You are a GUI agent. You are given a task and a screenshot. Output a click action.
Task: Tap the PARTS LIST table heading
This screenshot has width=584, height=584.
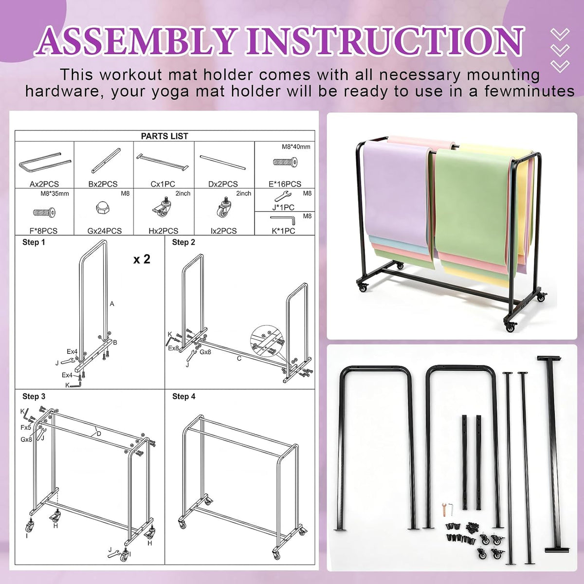[164, 136]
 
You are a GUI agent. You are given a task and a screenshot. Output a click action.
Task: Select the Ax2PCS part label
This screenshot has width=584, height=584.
[44, 183]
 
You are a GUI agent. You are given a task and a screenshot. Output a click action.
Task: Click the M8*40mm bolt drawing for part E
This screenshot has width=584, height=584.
[286, 162]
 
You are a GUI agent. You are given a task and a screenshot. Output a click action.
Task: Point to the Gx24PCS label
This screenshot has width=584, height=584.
[105, 231]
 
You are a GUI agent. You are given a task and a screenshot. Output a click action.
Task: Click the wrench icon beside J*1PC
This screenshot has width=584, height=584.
[283, 196]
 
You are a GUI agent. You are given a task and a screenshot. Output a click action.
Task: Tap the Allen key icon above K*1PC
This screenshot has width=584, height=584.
[282, 219]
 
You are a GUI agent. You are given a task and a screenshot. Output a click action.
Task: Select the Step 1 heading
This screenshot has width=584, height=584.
[34, 242]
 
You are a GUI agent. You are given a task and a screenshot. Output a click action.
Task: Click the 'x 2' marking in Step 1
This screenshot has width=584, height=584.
[142, 259]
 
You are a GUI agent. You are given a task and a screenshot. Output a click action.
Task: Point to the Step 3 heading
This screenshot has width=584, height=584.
[34, 397]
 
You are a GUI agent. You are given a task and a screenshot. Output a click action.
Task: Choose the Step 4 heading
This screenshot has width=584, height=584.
[183, 397]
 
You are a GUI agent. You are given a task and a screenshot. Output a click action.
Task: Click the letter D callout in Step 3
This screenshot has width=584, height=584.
[99, 434]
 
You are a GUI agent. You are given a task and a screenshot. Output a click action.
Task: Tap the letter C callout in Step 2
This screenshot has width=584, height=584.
[239, 359]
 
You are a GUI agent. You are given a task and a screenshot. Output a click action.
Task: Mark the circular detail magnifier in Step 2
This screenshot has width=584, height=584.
[267, 343]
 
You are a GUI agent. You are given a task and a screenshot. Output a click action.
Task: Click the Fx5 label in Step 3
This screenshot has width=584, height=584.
[26, 428]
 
